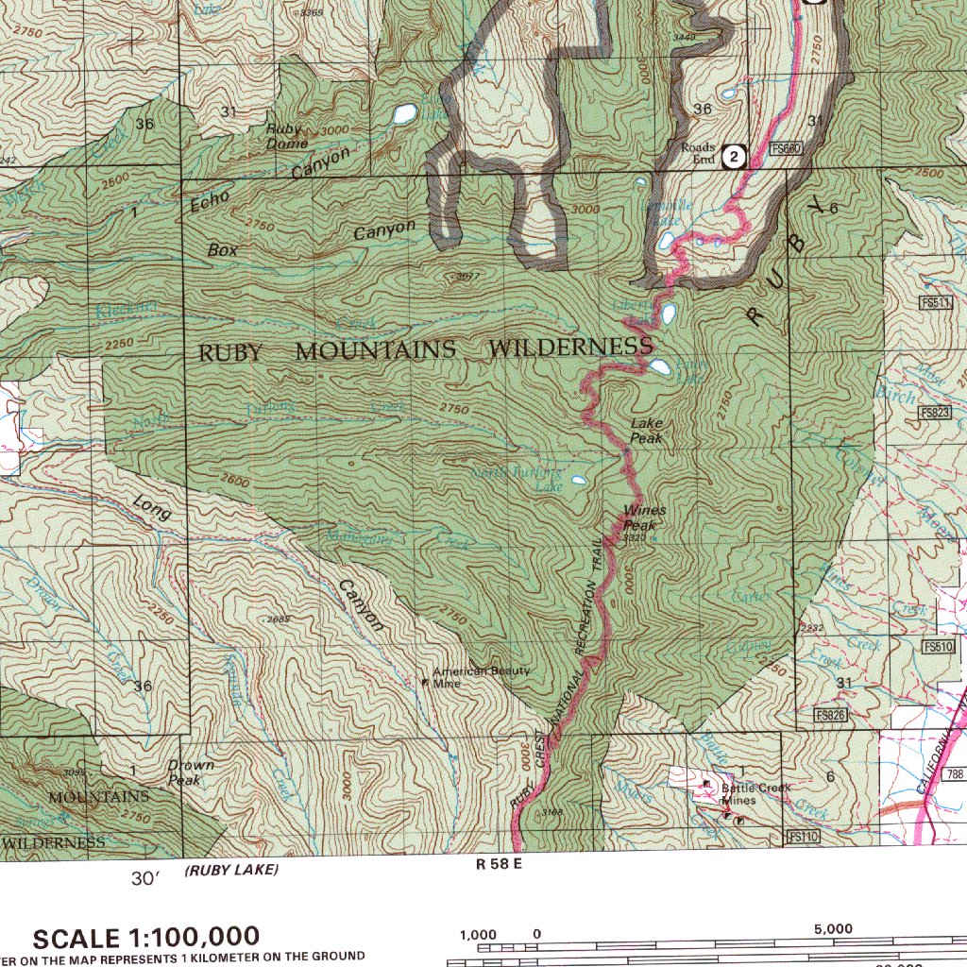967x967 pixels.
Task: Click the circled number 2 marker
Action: click(735, 157)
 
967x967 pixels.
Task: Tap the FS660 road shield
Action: click(786, 148)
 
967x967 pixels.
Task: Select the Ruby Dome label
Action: click(286, 136)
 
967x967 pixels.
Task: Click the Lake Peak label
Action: click(647, 432)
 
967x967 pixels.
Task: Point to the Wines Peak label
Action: click(644, 517)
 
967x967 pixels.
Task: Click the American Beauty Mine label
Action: click(481, 676)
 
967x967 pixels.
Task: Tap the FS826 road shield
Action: click(830, 716)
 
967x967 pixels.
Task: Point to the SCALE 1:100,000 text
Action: click(146, 938)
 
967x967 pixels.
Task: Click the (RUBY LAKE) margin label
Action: click(231, 870)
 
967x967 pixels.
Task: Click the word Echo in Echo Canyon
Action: click(210, 202)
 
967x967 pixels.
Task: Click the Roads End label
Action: click(698, 153)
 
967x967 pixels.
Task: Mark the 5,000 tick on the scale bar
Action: click(833, 929)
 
